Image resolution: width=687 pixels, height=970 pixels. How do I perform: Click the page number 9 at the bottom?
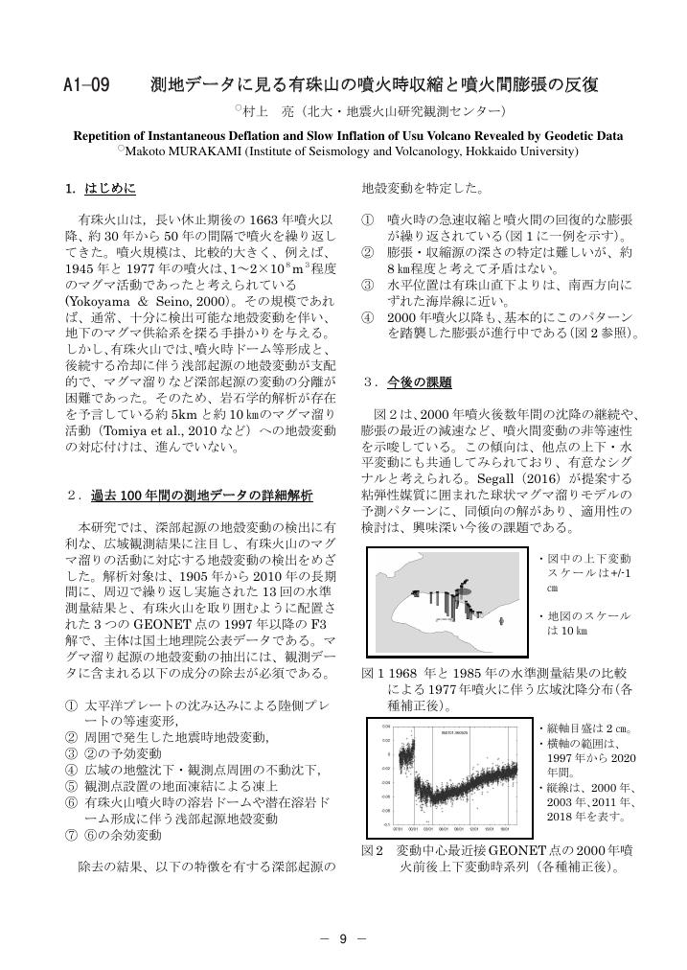[x=342, y=938]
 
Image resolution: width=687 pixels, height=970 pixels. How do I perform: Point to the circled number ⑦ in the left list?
[x=71, y=835]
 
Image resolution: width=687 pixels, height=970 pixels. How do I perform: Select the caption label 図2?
[x=372, y=850]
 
